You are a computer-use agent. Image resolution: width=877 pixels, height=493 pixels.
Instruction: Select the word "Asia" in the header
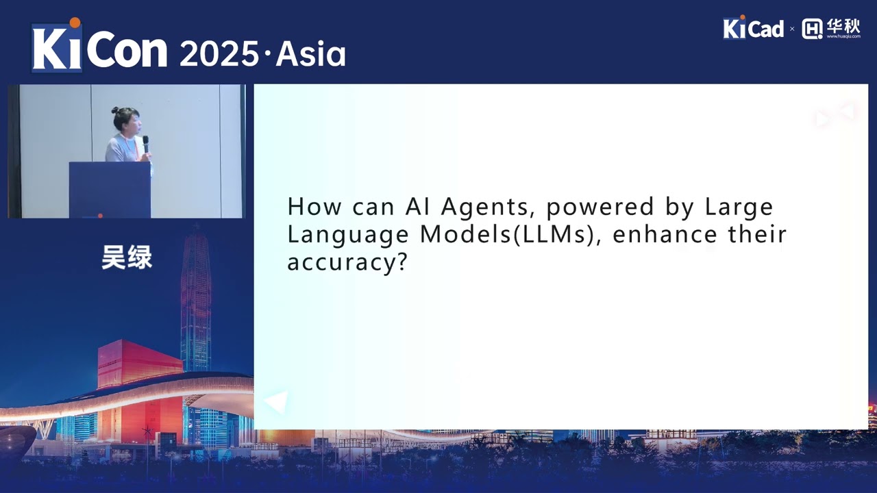pos(310,54)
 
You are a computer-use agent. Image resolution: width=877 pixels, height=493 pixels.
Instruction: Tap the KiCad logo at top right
pos(752,28)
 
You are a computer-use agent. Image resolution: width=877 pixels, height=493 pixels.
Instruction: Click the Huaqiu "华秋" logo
pos(831,28)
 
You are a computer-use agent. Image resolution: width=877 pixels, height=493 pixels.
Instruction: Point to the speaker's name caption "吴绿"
pos(127,257)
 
